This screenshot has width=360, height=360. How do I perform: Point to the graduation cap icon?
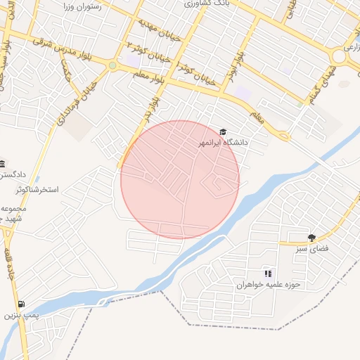coord(224,131)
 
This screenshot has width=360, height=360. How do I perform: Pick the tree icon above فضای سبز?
coord(311,238)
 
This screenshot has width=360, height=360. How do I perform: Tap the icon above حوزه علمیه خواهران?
coord(267,273)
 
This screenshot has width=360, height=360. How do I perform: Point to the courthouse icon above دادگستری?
coord(2,162)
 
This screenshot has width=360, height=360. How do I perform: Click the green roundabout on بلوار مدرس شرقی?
coord(112,66)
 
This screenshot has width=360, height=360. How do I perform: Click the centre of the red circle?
coord(180,180)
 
